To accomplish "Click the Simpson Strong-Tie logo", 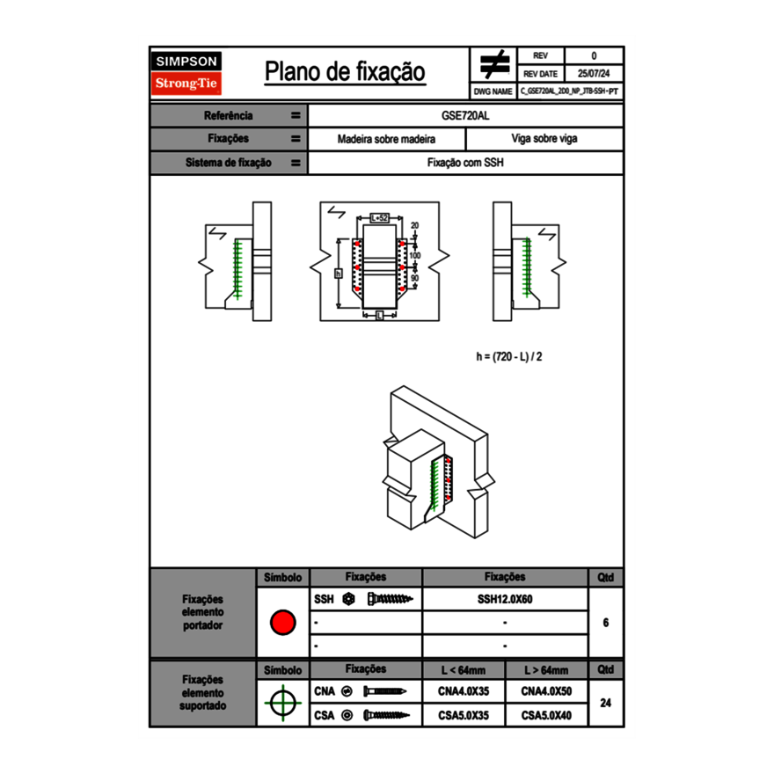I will (x=186, y=73).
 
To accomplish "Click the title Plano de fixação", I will (x=345, y=72).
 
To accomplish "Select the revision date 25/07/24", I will (x=594, y=74).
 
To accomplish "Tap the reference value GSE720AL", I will (x=465, y=115).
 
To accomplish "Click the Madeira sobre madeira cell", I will (x=387, y=139).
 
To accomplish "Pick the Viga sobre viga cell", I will (x=544, y=139).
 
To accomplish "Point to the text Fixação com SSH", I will (x=465, y=163).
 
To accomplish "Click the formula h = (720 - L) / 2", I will (x=515, y=356).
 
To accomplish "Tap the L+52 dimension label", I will (x=379, y=216).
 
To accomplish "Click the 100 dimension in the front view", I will (x=415, y=255).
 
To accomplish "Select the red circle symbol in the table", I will (x=282, y=623).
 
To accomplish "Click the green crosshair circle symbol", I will (x=282, y=703).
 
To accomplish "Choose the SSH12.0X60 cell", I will (x=505, y=599).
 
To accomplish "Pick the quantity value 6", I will (x=606, y=623).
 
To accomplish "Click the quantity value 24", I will (x=606, y=703).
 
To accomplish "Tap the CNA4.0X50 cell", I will (x=546, y=691).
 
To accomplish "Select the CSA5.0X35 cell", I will (x=464, y=715).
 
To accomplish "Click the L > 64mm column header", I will (x=546, y=670).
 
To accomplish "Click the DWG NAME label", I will (x=493, y=91).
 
